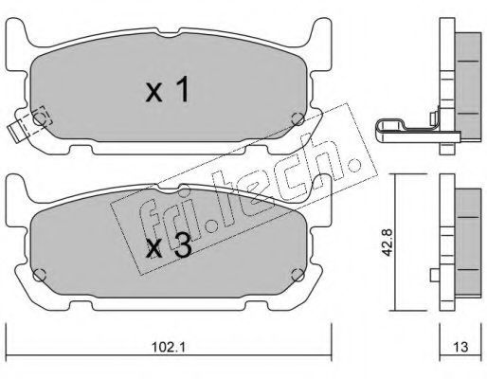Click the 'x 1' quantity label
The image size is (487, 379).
[168, 90]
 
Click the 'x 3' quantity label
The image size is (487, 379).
[169, 246]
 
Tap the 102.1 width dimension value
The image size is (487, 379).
[169, 348]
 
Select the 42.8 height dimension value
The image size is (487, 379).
[388, 243]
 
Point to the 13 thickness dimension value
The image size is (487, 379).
[460, 348]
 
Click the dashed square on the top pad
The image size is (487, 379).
[42, 116]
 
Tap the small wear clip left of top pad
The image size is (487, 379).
[17, 130]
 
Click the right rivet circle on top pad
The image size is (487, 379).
[298, 118]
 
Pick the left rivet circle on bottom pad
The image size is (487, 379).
[40, 275]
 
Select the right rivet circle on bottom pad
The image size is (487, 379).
[298, 275]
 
